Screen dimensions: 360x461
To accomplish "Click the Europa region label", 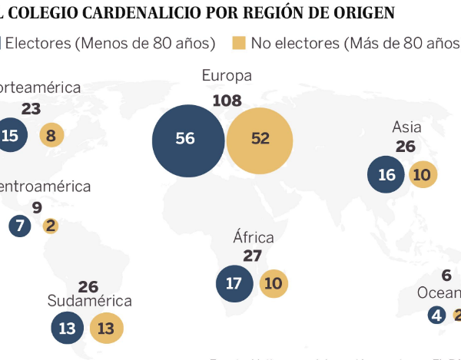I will (227, 76).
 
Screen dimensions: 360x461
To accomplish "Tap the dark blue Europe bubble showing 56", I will (185, 139).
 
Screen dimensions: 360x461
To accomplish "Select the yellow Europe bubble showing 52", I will (260, 139).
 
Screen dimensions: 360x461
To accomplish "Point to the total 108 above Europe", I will (227, 100).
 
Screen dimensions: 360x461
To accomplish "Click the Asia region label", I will (406, 127).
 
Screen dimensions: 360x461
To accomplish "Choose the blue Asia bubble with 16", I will (386, 174).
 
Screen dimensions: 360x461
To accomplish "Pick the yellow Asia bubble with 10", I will (422, 174).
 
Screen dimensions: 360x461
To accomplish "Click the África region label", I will (253, 237).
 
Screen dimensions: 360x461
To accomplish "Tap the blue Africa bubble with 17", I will (234, 283).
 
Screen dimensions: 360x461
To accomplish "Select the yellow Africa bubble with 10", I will (273, 283).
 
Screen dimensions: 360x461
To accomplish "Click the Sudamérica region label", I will (89, 301).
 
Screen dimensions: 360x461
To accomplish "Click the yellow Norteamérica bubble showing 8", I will (51, 136).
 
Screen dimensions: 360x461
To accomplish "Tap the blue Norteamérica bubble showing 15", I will (11, 136).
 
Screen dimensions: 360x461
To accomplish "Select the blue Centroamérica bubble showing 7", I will (20, 226).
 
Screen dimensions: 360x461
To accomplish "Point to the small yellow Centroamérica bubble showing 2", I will (51, 226).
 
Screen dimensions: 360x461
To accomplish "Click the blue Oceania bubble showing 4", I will (437, 315).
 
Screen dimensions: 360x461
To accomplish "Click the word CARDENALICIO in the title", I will (131, 13).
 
